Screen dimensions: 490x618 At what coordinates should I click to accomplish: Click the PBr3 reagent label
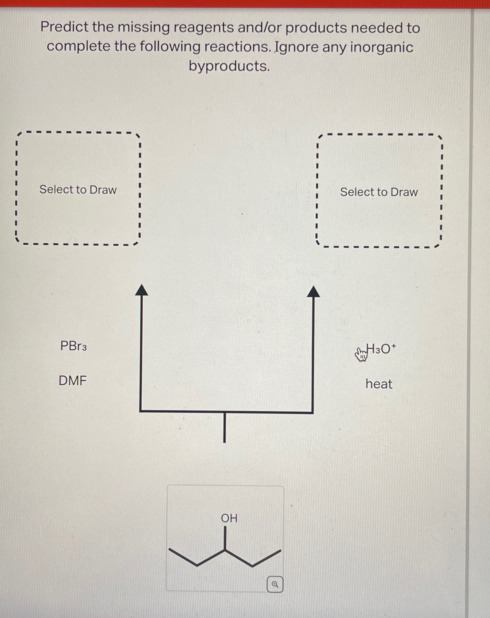(x=73, y=346)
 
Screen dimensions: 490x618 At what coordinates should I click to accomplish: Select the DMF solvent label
(x=72, y=381)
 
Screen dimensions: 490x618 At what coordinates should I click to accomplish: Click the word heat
(x=379, y=384)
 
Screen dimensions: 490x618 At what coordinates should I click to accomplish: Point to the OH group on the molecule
(x=229, y=518)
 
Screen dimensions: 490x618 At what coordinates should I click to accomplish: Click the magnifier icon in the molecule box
(x=275, y=584)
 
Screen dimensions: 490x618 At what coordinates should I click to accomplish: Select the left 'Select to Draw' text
(x=78, y=190)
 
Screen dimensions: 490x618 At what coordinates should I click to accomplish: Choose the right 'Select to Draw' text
(x=379, y=192)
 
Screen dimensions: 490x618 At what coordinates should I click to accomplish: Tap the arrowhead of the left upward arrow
(x=141, y=290)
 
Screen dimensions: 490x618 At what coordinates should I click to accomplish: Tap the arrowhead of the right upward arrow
(x=313, y=292)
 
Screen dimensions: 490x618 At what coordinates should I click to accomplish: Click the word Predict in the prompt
(x=64, y=27)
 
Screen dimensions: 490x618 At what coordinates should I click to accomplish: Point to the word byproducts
(x=229, y=66)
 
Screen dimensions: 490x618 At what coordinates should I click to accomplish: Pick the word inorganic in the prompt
(x=382, y=47)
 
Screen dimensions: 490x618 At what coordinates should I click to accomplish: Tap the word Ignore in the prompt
(x=296, y=47)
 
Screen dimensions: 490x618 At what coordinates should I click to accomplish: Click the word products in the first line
(x=316, y=28)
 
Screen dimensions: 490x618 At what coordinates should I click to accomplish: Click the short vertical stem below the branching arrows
(x=224, y=427)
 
